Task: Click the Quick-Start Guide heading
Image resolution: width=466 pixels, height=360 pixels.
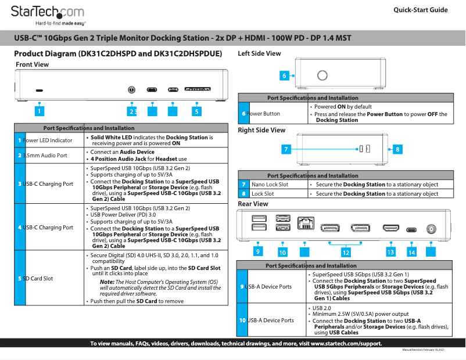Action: tap(420, 10)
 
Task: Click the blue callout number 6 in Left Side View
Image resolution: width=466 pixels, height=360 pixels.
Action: tap(284, 75)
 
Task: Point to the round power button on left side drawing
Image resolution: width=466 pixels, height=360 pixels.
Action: tap(321, 75)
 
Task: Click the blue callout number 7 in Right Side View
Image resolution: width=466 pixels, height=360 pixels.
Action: tap(286, 149)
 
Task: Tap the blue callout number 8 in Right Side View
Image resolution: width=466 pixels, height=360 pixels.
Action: tap(397, 149)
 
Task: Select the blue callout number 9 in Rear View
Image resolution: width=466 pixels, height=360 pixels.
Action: tap(257, 251)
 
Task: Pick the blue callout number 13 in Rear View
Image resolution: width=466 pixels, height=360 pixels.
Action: tap(390, 252)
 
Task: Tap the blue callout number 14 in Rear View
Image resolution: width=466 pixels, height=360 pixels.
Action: tap(411, 253)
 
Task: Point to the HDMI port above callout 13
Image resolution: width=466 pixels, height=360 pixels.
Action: tap(390, 229)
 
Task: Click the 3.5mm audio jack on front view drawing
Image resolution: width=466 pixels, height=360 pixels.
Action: tap(132, 91)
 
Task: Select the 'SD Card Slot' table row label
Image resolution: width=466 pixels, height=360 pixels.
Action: tap(38, 279)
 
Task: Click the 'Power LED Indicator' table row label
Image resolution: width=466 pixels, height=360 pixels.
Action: tap(48, 141)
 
